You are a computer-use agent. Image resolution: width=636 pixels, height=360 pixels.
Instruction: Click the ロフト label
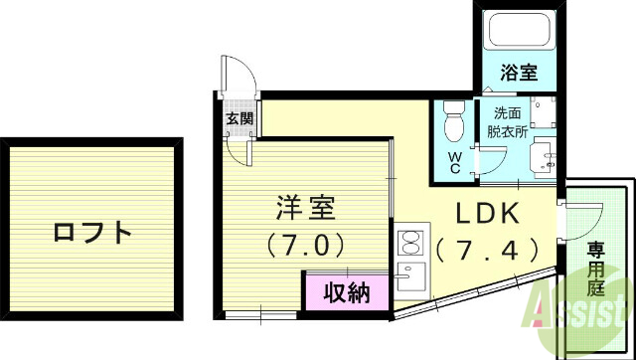coord(92,234)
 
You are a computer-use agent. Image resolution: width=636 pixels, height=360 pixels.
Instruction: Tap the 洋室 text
coord(305,210)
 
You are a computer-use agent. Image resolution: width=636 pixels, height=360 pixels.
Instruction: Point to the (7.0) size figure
coord(305,244)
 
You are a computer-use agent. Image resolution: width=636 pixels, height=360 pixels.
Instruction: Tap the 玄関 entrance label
coord(238,120)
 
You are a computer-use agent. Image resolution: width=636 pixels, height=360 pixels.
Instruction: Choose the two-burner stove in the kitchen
coord(409,242)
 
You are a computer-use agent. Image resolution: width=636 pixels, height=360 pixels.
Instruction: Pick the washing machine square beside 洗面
coord(542,110)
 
